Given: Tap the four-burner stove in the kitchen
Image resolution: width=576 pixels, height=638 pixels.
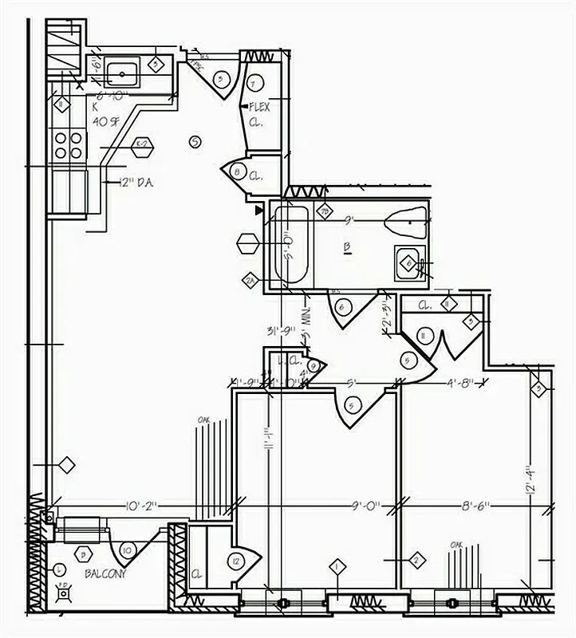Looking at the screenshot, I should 68,144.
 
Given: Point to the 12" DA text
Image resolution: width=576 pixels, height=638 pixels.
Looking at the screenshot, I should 136,183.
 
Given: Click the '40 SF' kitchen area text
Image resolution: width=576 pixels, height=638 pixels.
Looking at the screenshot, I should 106,121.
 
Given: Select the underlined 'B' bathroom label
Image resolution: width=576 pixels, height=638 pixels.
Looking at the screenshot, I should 348,248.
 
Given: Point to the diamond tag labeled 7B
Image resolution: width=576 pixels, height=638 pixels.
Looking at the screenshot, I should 325,211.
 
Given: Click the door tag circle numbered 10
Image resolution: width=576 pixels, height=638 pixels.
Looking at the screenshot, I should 125,550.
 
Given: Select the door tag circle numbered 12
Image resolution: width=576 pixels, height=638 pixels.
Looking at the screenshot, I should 235,561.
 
